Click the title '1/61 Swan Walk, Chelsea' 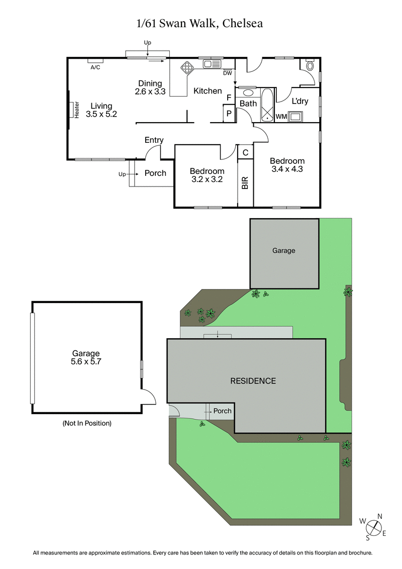(200, 23)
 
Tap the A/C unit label (95, 67)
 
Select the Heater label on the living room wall (77, 110)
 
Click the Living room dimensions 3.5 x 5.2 (101, 114)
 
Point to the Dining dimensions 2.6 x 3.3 (150, 91)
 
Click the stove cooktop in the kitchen (187, 68)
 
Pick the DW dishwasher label (228, 73)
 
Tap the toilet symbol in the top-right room (310, 66)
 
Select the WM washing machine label (281, 117)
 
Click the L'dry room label (300, 102)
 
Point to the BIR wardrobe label (245, 182)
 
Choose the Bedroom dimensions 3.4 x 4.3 (287, 169)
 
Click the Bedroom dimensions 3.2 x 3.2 (207, 178)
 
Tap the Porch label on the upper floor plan (155, 173)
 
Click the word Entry (154, 140)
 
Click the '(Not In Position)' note (87, 423)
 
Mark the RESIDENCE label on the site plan (253, 381)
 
